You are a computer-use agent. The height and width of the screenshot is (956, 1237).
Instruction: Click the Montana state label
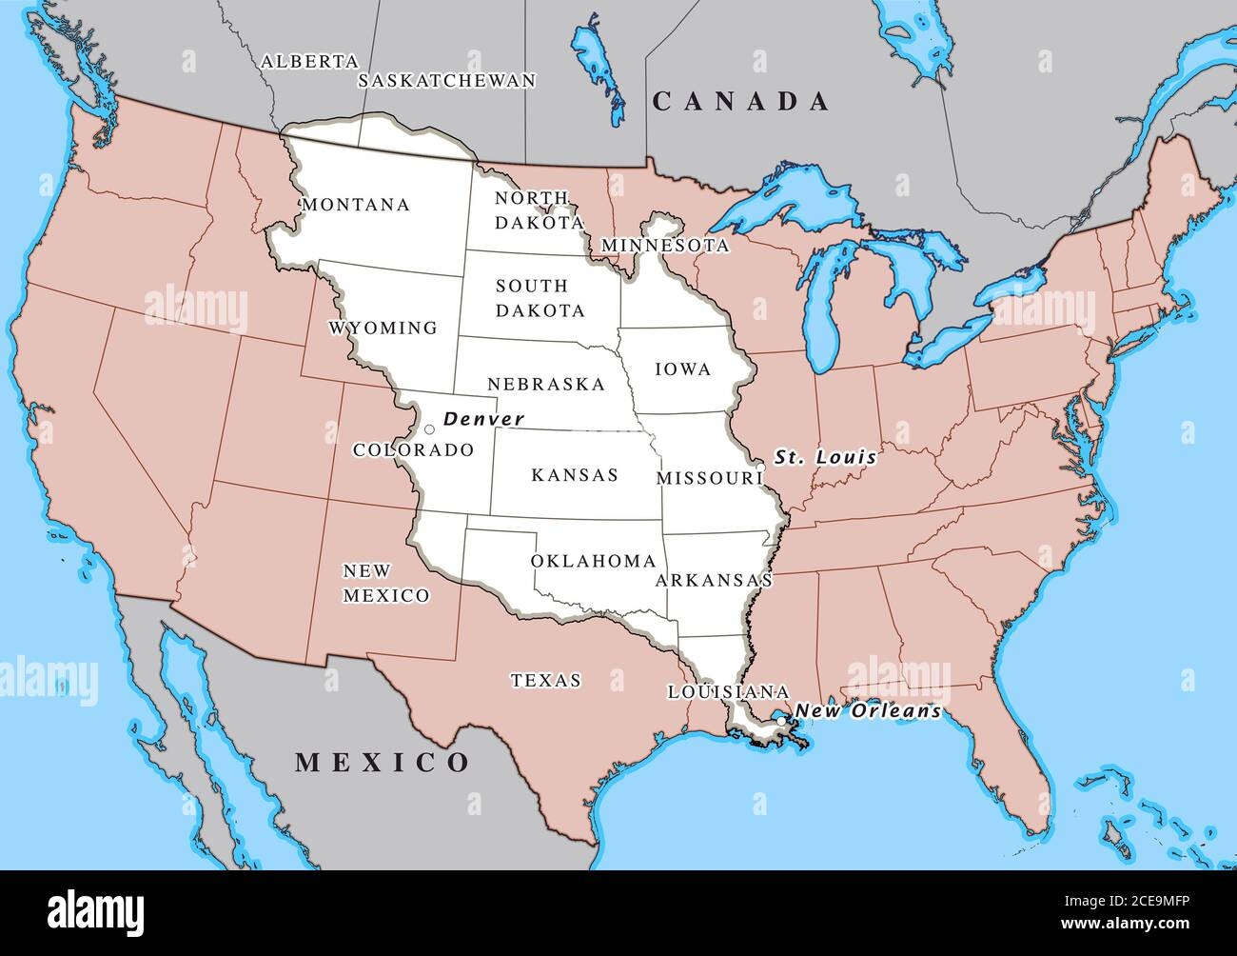356,205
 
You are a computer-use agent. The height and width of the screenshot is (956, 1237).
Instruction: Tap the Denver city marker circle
429,429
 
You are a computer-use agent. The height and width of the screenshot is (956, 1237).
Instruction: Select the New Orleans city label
868,710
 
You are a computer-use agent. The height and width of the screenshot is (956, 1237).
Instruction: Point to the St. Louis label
825,457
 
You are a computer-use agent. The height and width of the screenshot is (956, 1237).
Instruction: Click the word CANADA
741,102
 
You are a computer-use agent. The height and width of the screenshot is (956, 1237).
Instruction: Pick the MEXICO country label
383,762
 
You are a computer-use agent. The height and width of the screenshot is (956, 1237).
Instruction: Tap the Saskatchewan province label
446,81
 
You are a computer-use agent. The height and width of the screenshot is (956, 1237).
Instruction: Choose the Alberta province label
309,61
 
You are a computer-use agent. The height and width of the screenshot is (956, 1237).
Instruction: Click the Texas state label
545,681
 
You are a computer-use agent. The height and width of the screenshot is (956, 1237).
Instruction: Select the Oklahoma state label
594,561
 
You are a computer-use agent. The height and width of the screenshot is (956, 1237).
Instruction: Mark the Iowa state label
683,369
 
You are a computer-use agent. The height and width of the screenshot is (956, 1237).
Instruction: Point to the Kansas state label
575,474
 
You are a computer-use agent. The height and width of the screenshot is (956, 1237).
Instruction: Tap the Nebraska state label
546,385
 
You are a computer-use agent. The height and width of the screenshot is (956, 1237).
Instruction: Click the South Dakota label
539,298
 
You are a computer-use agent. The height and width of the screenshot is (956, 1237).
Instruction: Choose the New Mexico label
385,583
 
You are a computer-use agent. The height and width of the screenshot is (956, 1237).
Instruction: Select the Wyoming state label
383,329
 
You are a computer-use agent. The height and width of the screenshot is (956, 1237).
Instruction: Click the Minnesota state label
665,246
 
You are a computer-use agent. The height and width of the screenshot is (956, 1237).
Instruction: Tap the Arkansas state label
714,580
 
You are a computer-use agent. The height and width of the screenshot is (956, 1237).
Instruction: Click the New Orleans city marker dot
781,722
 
